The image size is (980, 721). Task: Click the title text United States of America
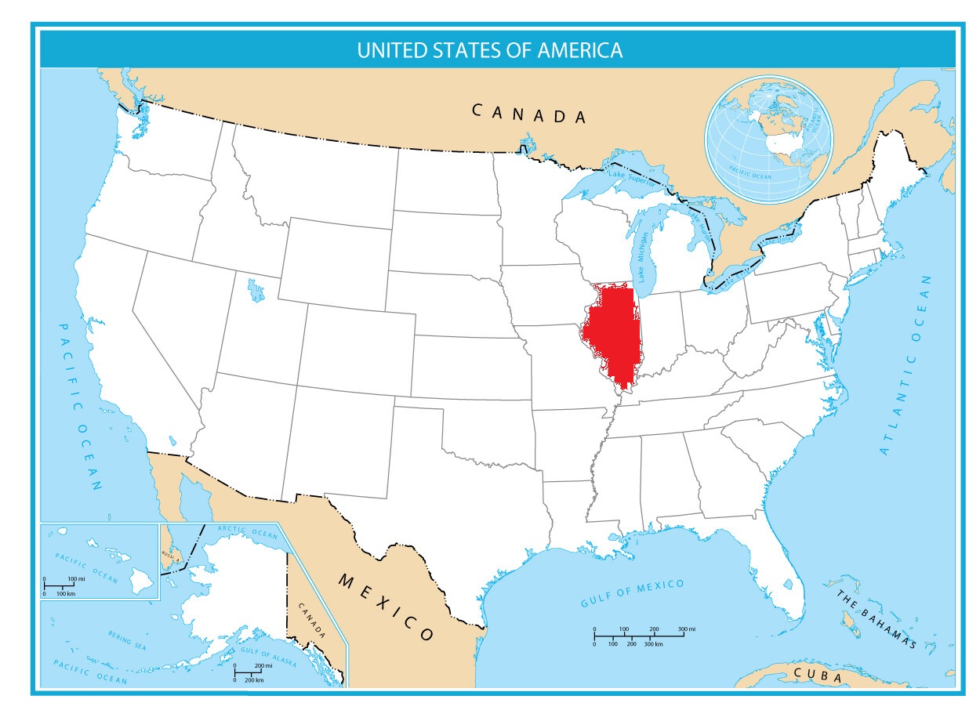(490, 51)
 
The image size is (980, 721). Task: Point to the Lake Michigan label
(642, 258)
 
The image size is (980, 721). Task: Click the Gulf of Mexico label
(632, 593)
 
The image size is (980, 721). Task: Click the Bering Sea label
(127, 642)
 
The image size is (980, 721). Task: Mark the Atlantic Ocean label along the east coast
(907, 364)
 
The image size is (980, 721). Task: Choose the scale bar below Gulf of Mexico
(638, 636)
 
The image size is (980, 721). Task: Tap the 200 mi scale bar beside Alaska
(249, 672)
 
